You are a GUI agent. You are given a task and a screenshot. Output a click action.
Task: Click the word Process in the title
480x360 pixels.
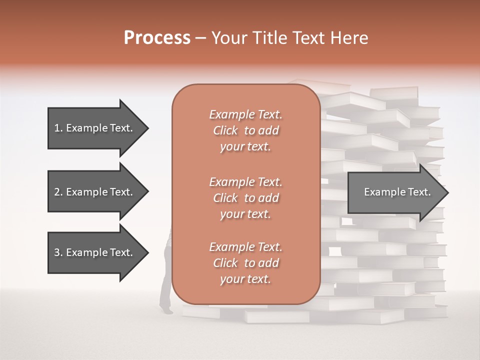click(x=157, y=38)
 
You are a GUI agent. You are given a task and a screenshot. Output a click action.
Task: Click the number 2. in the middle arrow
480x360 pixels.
click(x=58, y=192)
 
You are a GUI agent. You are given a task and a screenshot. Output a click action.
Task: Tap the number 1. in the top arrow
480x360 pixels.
click(x=58, y=128)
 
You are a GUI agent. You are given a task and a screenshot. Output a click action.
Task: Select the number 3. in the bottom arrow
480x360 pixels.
click(x=58, y=252)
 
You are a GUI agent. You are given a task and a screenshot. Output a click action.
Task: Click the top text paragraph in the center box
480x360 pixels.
click(x=245, y=130)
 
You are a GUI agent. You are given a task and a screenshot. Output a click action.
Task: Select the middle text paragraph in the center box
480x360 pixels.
click(x=245, y=198)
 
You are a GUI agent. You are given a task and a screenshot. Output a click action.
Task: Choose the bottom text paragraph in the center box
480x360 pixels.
click(x=245, y=263)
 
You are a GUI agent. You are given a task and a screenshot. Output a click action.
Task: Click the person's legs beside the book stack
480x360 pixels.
click(x=165, y=290)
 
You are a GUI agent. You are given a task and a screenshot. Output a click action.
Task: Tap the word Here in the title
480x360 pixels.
click(x=349, y=38)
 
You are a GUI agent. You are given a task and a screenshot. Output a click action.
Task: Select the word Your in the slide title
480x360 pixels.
click(x=228, y=38)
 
